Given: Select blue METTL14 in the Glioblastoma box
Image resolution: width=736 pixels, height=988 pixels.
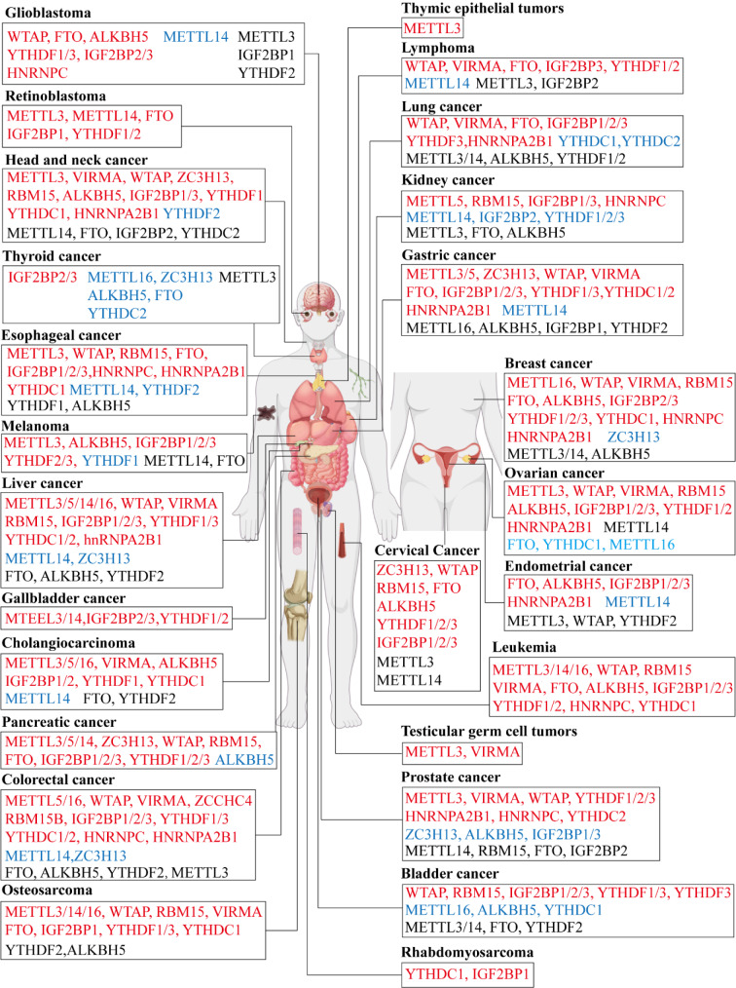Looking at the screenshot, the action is (x=197, y=37).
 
